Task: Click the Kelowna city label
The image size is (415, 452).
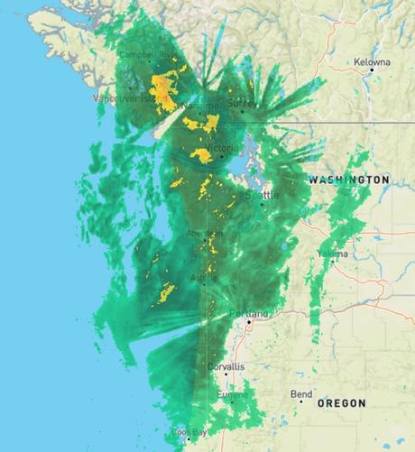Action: tap(372, 61)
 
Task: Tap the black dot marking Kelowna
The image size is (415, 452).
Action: tap(371, 69)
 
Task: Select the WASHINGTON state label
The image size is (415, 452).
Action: tap(349, 180)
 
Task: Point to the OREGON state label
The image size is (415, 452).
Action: tap(341, 403)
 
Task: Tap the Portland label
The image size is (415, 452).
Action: tap(249, 313)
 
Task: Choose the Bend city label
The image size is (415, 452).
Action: tap(301, 394)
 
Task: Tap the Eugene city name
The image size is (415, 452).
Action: tap(231, 394)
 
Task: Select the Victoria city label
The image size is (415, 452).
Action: tap(222, 147)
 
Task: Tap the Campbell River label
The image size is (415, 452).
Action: tap(149, 54)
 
